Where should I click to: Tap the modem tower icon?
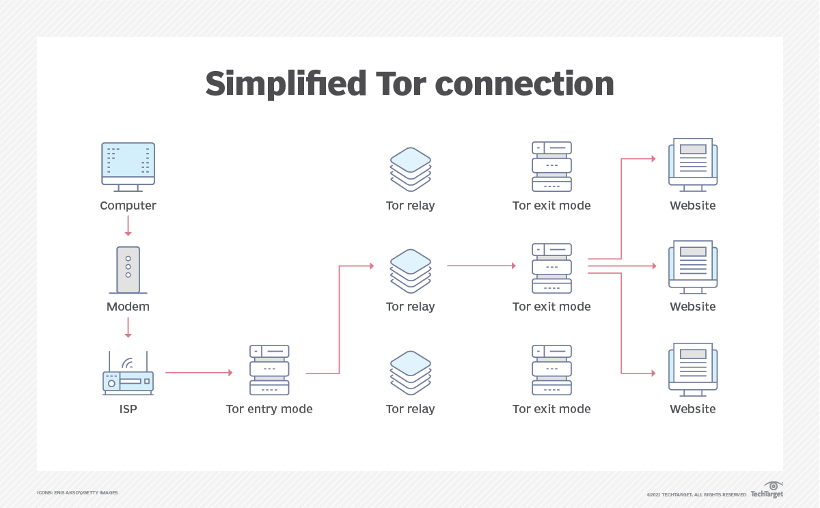pyautogui.click(x=128, y=269)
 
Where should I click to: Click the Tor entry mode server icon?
pyautogui.click(x=269, y=370)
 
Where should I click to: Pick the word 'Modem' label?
pyautogui.click(x=128, y=307)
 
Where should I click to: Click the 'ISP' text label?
pyautogui.click(x=128, y=409)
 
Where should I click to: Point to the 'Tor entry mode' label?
pyautogui.click(x=269, y=409)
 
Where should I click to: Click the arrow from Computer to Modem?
pyautogui.click(x=128, y=225)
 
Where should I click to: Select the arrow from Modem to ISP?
pyautogui.click(x=128, y=327)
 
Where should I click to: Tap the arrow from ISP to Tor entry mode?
pyautogui.click(x=199, y=373)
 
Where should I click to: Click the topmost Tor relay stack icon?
pyautogui.click(x=410, y=169)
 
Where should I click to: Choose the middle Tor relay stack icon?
pyautogui.click(x=410, y=270)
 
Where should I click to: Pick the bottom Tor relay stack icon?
pyautogui.click(x=410, y=373)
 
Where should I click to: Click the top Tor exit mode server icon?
pyautogui.click(x=551, y=167)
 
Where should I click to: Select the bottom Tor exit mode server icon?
pyautogui.click(x=551, y=370)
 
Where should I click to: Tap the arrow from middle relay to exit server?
pyautogui.click(x=481, y=266)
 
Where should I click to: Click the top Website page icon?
pyautogui.click(x=693, y=165)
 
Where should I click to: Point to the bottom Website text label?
pyautogui.click(x=693, y=409)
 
